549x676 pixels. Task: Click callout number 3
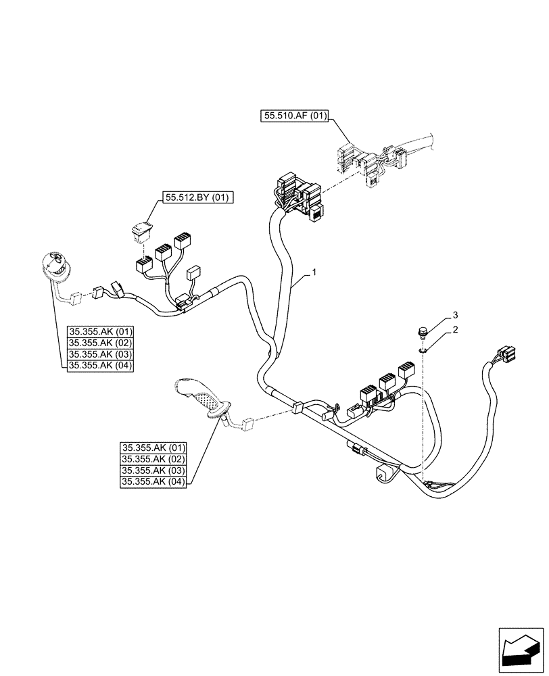point(456,315)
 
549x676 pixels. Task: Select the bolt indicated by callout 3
point(423,333)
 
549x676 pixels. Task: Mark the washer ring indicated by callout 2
point(423,349)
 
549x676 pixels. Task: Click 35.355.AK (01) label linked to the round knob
point(101,331)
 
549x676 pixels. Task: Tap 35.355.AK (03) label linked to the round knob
point(101,354)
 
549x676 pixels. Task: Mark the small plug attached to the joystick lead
point(247,425)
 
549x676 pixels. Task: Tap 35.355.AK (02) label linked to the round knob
point(101,343)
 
